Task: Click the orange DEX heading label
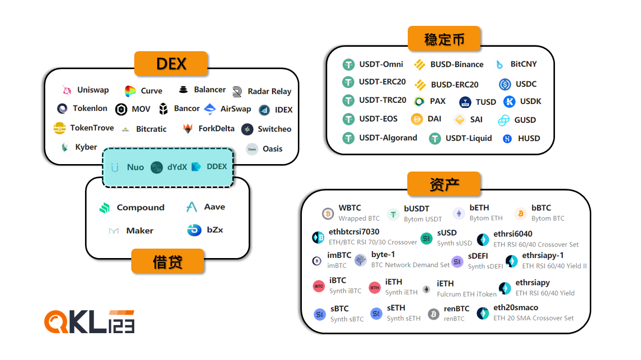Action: pos(171,64)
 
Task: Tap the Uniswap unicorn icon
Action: pos(66,90)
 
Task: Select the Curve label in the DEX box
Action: pos(151,91)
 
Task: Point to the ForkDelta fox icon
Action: pos(187,129)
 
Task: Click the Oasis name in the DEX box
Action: pos(272,149)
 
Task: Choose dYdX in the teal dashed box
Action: pos(177,167)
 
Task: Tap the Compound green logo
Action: pos(104,208)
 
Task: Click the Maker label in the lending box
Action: pos(140,231)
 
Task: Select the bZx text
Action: pos(215,230)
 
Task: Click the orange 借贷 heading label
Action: pos(168,261)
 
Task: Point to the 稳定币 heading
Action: pos(444,39)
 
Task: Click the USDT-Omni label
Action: pos(381,64)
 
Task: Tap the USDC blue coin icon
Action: pos(505,84)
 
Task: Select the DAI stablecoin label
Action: pos(434,119)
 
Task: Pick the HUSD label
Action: pos(529,139)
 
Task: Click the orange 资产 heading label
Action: pos(444,184)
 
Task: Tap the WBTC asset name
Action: pos(350,208)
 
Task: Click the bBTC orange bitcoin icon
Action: pos(520,213)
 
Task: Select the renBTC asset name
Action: pos(456,309)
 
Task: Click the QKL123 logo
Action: pos(90,322)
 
